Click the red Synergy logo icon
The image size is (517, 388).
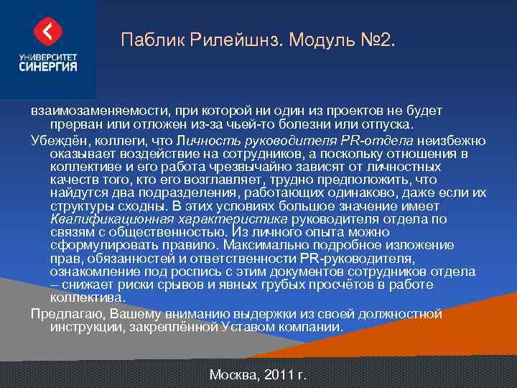click(x=48, y=31)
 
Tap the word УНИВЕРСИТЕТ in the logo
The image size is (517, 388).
click(x=48, y=55)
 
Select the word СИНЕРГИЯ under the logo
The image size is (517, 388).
click(x=48, y=66)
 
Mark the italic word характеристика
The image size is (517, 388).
click(x=231, y=219)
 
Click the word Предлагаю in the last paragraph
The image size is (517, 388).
click(x=65, y=314)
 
